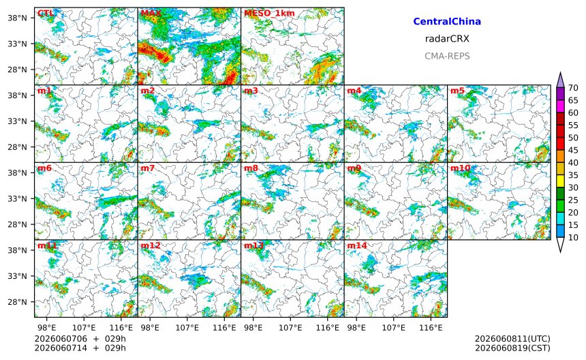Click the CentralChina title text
447,21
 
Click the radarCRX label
447,39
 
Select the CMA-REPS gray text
447,56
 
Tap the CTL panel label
46,14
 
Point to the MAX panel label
151,14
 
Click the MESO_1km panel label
269,14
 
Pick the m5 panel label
457,91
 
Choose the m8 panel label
251,168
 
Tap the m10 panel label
460,168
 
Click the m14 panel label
357,245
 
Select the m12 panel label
150,245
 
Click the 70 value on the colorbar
573,88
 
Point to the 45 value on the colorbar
573,150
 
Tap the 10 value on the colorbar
573,237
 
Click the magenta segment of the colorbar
560,106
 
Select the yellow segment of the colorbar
560,181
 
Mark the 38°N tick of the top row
17,18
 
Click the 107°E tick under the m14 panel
394,328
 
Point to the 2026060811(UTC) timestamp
512,339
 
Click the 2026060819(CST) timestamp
512,348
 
